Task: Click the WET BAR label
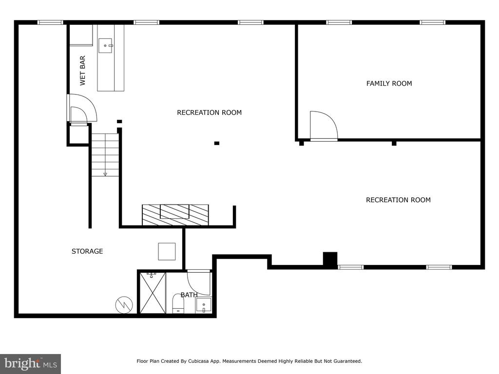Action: [82, 71]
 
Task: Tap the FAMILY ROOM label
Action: [389, 83]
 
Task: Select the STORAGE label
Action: [87, 251]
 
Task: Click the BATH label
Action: [189, 295]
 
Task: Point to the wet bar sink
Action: [105, 45]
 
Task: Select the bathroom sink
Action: [204, 305]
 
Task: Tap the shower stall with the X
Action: [153, 293]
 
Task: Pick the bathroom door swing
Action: [199, 282]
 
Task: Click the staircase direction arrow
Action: [105, 174]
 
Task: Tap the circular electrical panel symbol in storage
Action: [124, 305]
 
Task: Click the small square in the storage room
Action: [167, 252]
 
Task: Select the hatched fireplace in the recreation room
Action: [175, 215]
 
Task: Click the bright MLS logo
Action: [31, 364]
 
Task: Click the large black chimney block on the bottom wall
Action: [330, 259]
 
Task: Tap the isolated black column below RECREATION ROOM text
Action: [217, 143]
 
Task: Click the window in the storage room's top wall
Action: [50, 22]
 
